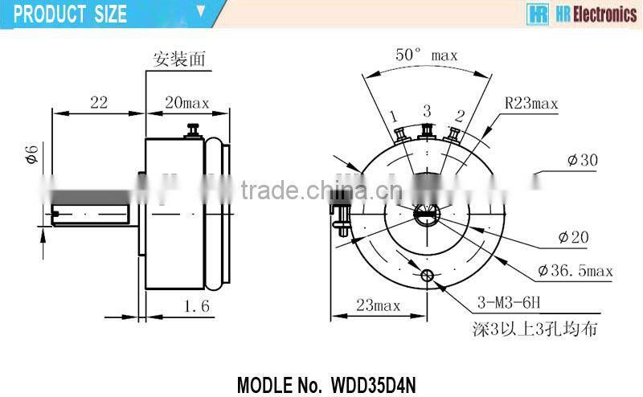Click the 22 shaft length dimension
99,102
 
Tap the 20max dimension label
186,102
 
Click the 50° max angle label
426,55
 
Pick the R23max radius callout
531,103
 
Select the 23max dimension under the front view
376,305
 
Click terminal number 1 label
394,117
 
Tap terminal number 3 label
427,109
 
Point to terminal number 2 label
459,115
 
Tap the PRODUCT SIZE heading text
71,14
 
